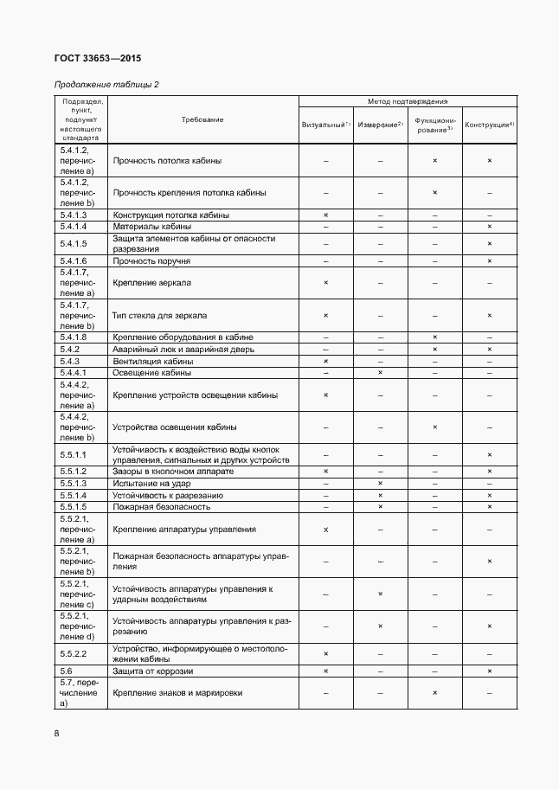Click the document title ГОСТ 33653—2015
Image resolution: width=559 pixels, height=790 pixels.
(97, 59)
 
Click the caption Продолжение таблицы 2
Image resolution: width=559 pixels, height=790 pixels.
(106, 84)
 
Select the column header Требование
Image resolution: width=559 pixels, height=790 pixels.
(202, 119)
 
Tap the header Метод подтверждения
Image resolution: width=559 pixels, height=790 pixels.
(407, 101)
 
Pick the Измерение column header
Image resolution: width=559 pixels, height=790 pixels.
(380, 125)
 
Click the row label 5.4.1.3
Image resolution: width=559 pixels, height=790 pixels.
(74, 215)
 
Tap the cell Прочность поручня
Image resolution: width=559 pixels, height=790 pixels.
(152, 260)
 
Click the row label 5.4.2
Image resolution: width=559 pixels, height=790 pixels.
(70, 349)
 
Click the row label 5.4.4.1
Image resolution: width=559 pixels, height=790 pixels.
(74, 373)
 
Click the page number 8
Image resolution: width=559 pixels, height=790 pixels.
(56, 734)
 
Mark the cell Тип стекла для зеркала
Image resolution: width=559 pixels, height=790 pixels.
(160, 316)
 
